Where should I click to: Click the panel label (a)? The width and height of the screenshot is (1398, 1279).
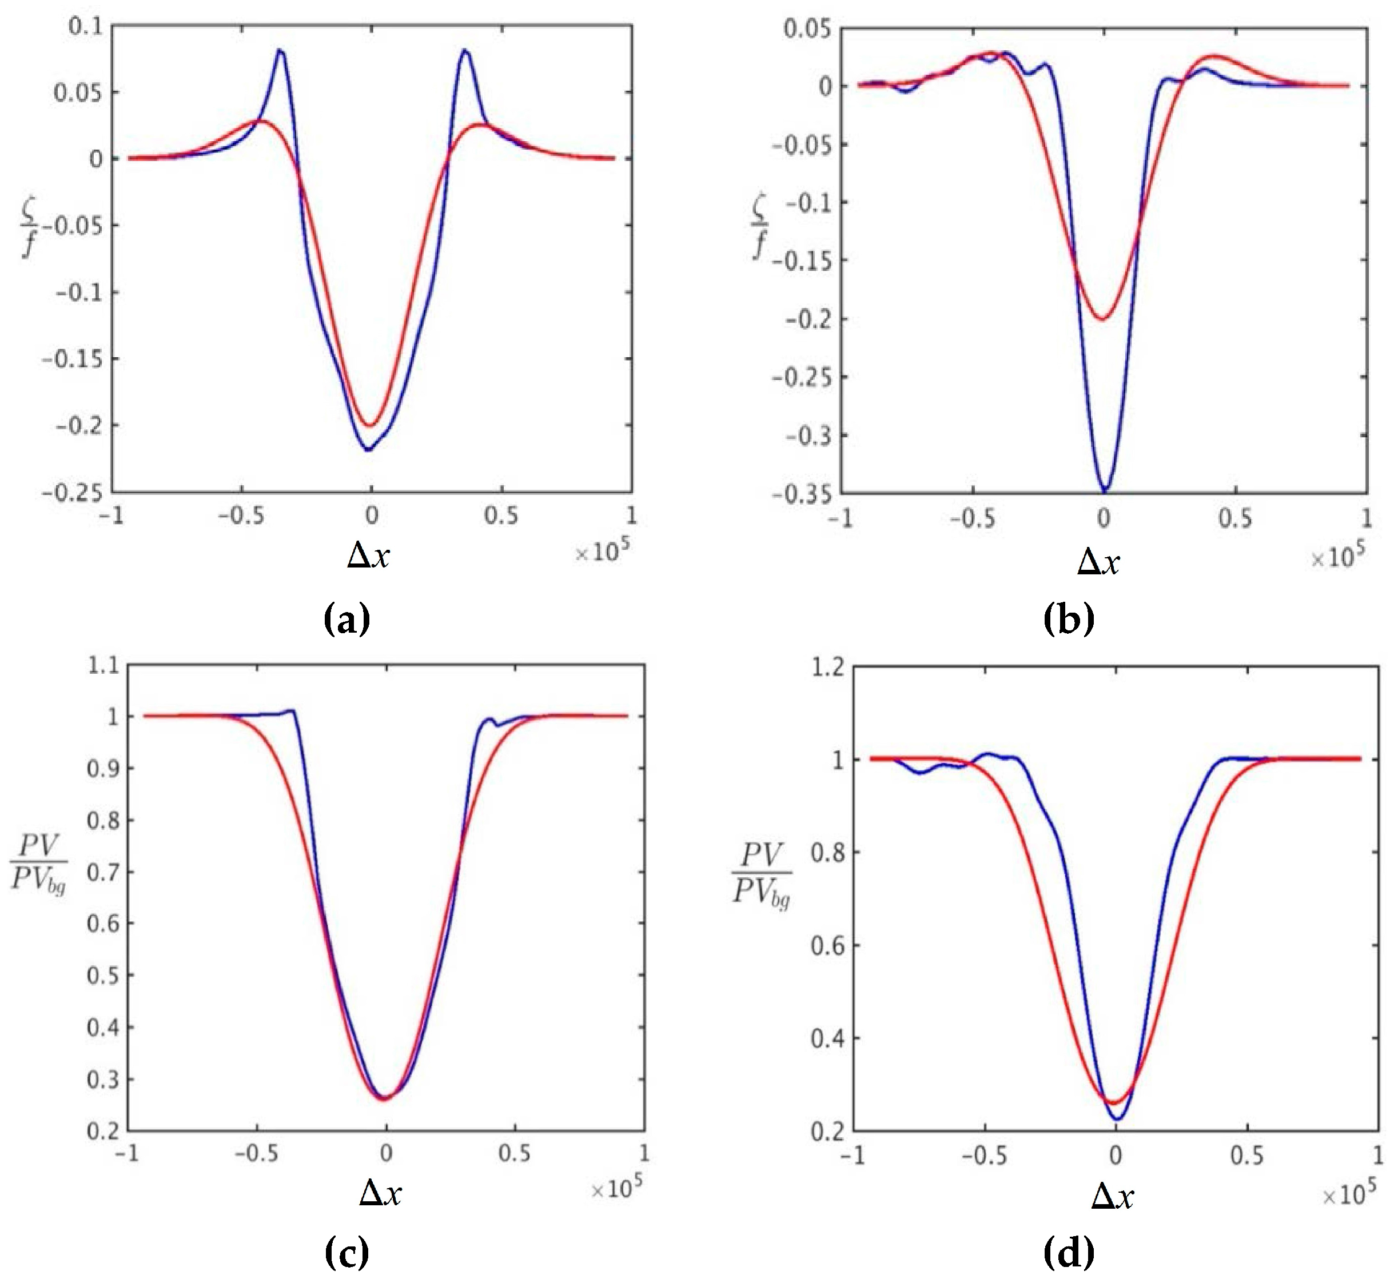coord(346,619)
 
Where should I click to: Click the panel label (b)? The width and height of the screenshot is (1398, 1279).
coord(1069,619)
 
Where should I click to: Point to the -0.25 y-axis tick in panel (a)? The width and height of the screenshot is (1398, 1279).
coord(71,493)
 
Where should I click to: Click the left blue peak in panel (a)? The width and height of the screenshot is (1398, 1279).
coord(280,50)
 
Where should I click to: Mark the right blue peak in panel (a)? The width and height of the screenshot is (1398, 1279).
coord(465,50)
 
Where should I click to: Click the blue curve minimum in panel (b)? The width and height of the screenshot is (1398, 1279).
coord(1104,491)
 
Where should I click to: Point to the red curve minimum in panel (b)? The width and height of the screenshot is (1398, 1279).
coord(1102,319)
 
